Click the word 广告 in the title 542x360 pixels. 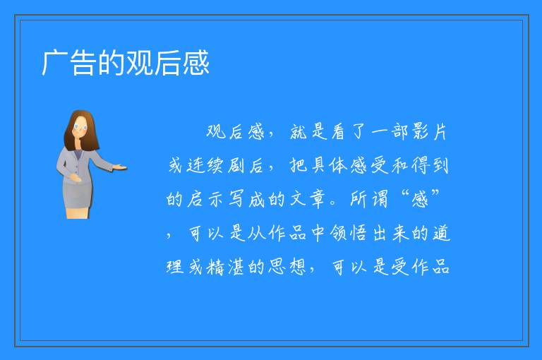(x=68, y=63)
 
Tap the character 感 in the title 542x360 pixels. (x=196, y=63)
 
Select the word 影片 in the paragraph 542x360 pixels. (x=428, y=132)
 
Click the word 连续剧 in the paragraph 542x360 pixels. (x=207, y=165)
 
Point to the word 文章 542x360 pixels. (x=308, y=199)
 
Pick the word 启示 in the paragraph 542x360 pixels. (x=205, y=199)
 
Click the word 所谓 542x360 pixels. (x=369, y=199)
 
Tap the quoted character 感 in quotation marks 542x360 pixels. (x=421, y=200)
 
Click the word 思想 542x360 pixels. (x=288, y=267)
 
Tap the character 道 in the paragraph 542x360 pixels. (x=441, y=233)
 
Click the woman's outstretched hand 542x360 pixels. (x=121, y=168)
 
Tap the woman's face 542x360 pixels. (x=80, y=127)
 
